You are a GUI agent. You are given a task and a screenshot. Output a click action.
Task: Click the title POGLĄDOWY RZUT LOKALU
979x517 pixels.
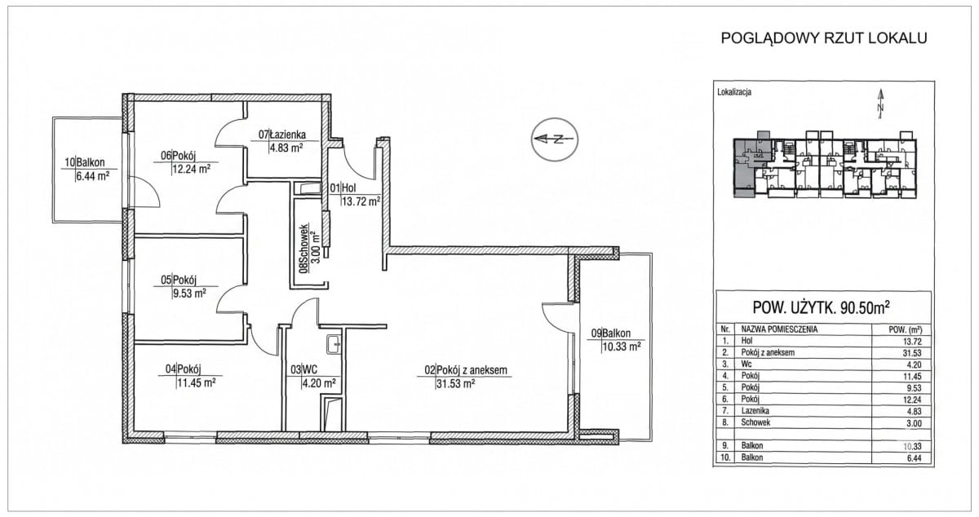[x=824, y=38]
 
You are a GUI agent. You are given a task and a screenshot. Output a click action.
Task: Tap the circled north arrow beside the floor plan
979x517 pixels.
[x=555, y=139]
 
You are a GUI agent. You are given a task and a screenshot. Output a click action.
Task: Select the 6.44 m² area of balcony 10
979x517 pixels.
[x=92, y=176]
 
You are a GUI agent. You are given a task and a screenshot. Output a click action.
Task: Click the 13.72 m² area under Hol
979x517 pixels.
[x=361, y=201]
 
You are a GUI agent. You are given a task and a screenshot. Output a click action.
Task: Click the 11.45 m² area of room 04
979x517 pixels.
[x=197, y=382]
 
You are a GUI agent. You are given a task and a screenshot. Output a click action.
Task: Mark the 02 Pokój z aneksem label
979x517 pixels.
[x=466, y=370]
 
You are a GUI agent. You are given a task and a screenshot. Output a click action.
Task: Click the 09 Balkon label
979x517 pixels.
[x=611, y=333]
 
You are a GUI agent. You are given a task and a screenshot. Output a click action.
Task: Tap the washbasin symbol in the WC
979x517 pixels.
[x=334, y=344]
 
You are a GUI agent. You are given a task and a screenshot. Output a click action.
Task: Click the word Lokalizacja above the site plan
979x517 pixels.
[x=734, y=92]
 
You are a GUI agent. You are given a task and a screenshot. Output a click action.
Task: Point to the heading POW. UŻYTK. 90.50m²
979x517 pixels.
[x=822, y=307]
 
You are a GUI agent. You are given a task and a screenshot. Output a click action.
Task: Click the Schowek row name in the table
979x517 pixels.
[x=755, y=422]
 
